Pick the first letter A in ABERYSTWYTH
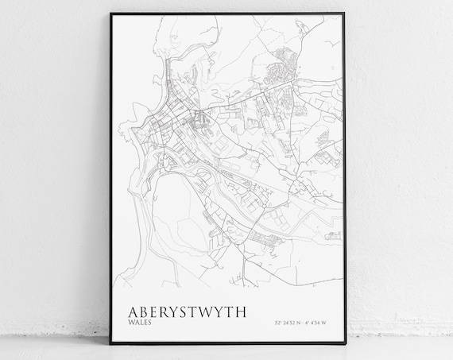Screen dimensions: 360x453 coord(123,307)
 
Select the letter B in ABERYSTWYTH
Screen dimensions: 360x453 coord(135,307)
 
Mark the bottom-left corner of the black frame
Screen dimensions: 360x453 coord(106,343)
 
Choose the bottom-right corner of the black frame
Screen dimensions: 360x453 coord(346,343)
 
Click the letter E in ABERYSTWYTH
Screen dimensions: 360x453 coord(145,307)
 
